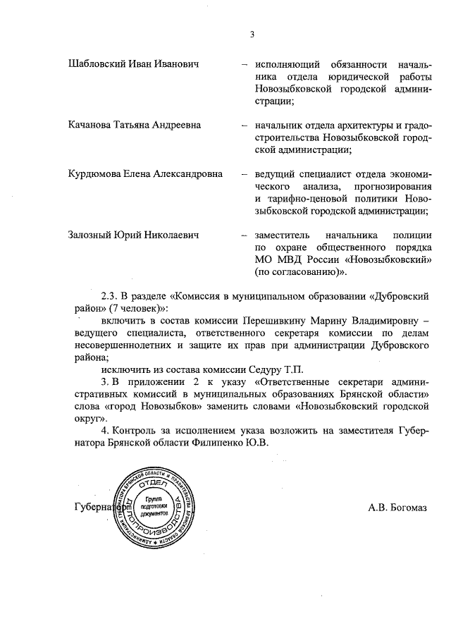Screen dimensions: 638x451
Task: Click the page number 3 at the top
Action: coord(252,35)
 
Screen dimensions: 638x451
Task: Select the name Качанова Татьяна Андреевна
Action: coord(135,125)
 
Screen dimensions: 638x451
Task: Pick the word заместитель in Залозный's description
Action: coord(284,234)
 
